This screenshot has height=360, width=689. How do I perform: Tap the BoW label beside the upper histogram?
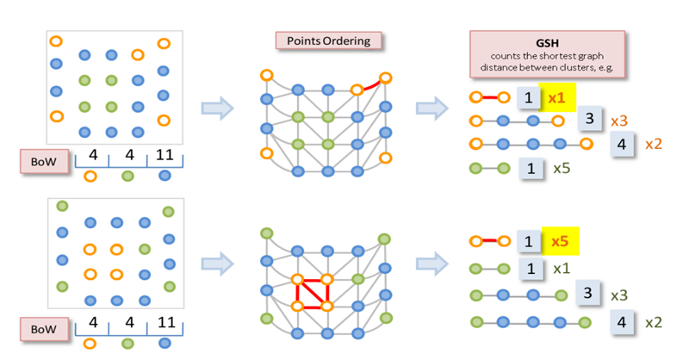pos(41,159)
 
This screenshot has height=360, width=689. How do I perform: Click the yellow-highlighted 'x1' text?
pos(556,98)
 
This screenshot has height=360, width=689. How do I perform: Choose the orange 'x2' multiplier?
pos(655,144)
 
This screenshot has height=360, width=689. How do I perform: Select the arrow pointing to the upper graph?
pos(217,108)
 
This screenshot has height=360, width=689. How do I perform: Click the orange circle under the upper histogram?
pos(90,176)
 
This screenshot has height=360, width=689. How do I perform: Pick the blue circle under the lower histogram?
pos(164,343)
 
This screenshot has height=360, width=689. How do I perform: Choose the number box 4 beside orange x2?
pos(621,144)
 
